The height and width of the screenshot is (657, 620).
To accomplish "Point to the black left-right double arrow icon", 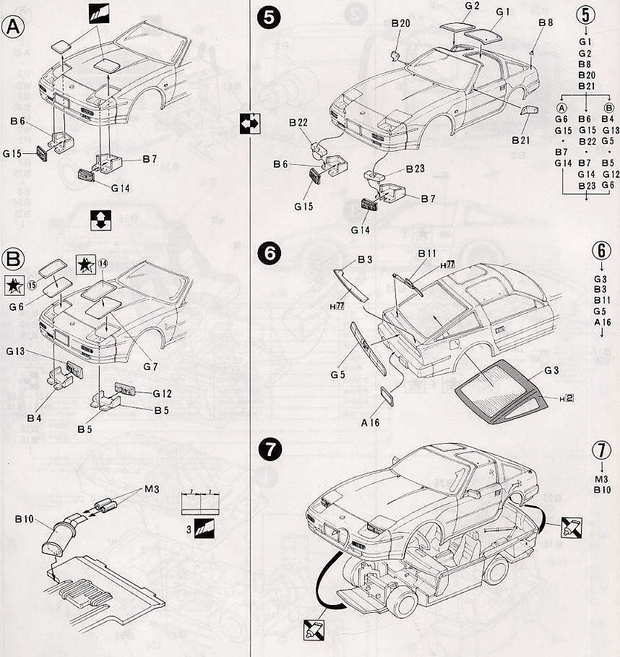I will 248,124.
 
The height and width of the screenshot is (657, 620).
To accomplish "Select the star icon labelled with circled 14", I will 86,265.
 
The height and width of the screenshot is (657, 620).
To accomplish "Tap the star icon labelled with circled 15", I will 14,285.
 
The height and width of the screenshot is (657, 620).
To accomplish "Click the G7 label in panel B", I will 150,366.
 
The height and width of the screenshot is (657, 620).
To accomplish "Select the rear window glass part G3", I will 499,390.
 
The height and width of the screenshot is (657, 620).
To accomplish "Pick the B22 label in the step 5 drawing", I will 300,123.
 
